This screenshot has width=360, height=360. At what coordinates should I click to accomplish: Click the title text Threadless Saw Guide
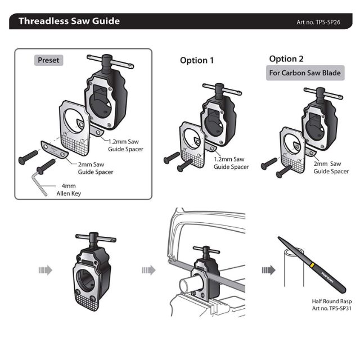(x=69, y=21)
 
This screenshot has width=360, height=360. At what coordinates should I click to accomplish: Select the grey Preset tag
(x=48, y=60)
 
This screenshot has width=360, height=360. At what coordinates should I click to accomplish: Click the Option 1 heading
(x=197, y=60)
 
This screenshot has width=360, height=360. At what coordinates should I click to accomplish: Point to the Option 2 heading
(x=286, y=59)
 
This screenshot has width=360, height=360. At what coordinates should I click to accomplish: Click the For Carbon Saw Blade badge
(x=305, y=73)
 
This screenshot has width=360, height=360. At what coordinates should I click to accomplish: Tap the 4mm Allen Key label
(x=69, y=190)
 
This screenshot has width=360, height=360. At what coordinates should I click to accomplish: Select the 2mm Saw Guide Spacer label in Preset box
(x=96, y=168)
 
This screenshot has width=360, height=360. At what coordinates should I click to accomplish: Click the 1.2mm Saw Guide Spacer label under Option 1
(x=231, y=163)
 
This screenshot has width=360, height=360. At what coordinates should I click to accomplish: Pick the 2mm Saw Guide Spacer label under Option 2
(x=331, y=168)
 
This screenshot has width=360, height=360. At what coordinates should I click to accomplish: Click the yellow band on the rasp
(x=312, y=265)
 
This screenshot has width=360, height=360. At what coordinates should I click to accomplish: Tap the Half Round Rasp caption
(x=331, y=304)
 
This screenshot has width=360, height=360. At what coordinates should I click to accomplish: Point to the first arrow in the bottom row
(x=46, y=270)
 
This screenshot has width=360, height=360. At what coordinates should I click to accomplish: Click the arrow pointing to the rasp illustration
(x=269, y=270)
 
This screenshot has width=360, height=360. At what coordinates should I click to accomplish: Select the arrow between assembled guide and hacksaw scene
(x=148, y=270)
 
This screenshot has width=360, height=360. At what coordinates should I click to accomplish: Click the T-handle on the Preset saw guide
(x=110, y=61)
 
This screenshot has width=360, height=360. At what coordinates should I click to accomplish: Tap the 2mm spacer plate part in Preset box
(x=55, y=149)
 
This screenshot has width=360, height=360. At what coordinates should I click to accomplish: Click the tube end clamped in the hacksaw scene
(x=186, y=285)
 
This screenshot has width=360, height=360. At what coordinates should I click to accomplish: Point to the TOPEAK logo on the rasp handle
(x=327, y=277)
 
